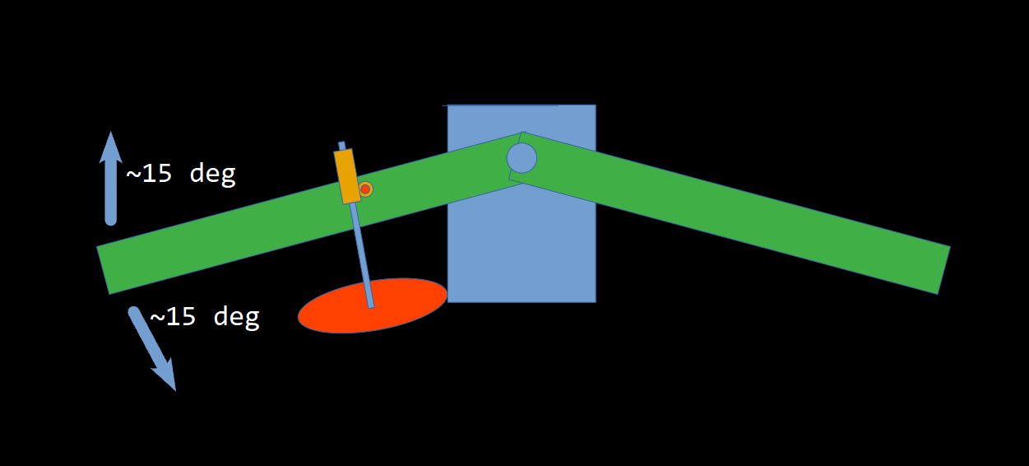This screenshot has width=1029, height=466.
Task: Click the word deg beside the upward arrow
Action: point(212,174)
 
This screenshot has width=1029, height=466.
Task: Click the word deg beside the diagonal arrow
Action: point(236,316)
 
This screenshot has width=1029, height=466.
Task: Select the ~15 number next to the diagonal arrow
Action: point(172,316)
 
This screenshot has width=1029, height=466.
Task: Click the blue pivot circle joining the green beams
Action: point(521,157)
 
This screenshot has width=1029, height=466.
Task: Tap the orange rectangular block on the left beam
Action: point(347,175)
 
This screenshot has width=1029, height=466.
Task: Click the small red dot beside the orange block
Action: point(365,189)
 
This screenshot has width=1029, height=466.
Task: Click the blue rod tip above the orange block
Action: point(341,145)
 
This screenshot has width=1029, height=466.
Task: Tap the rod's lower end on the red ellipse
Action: point(370,305)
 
